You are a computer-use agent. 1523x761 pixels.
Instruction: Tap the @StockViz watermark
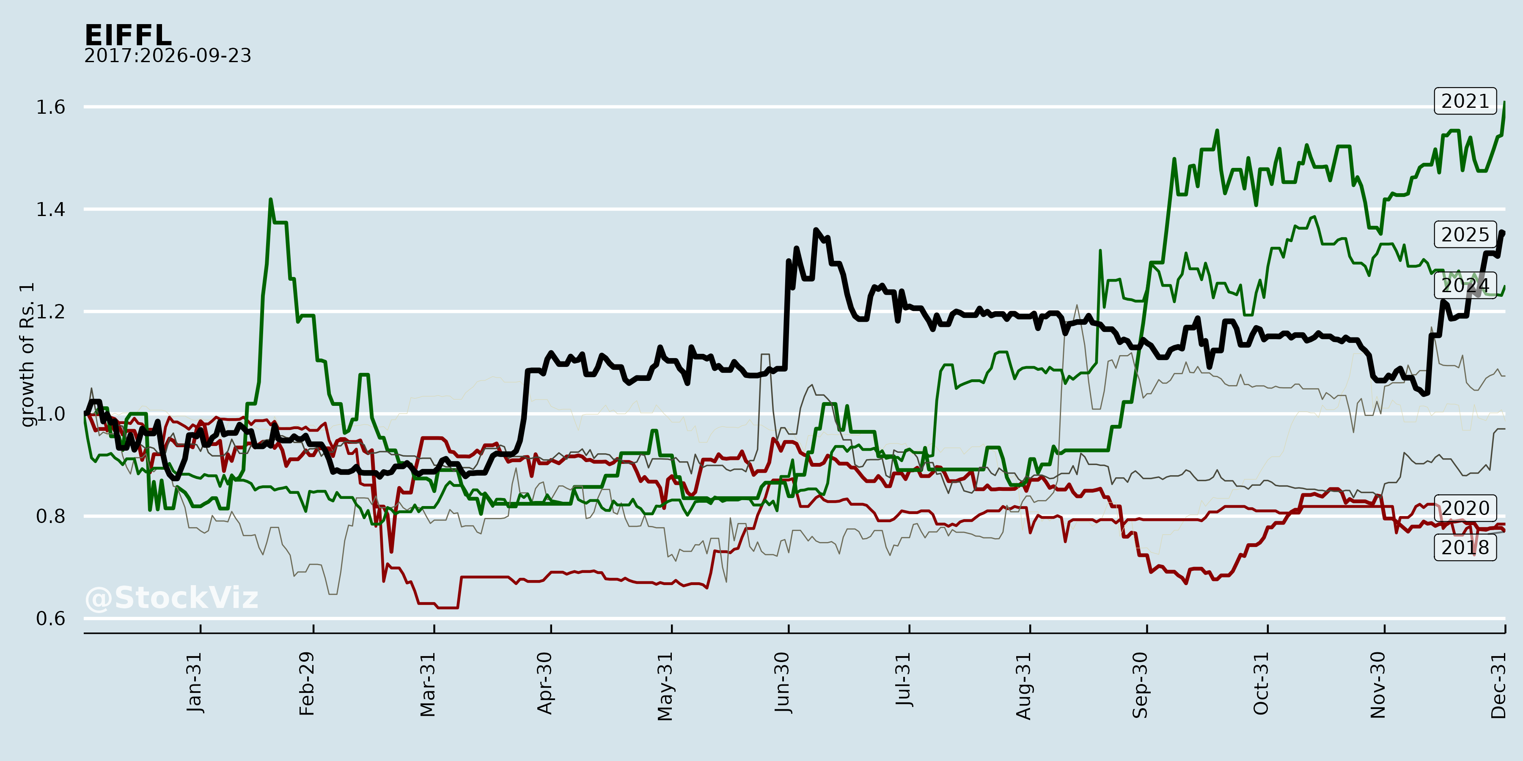pos(171,598)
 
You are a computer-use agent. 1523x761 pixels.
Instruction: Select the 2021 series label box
pos(1465,101)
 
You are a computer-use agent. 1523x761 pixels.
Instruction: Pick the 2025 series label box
pos(1465,235)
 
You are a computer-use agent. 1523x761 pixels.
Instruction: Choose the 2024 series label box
pos(1465,285)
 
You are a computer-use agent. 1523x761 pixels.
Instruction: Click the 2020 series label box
pos(1465,508)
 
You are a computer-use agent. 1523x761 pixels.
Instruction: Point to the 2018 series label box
pos(1465,547)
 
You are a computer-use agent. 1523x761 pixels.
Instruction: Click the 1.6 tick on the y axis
pos(51,107)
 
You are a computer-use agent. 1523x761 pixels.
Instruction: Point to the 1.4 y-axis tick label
pos(51,209)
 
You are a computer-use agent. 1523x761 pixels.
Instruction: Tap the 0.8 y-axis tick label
pos(51,516)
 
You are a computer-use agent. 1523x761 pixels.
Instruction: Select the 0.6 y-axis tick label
pos(51,619)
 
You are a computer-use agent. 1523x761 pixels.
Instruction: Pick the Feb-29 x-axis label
pos(307,684)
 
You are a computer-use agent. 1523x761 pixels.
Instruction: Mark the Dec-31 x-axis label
pos(1498,685)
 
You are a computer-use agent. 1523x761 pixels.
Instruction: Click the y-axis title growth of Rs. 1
pos(27,355)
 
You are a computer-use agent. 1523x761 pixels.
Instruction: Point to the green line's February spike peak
pos(270,199)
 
